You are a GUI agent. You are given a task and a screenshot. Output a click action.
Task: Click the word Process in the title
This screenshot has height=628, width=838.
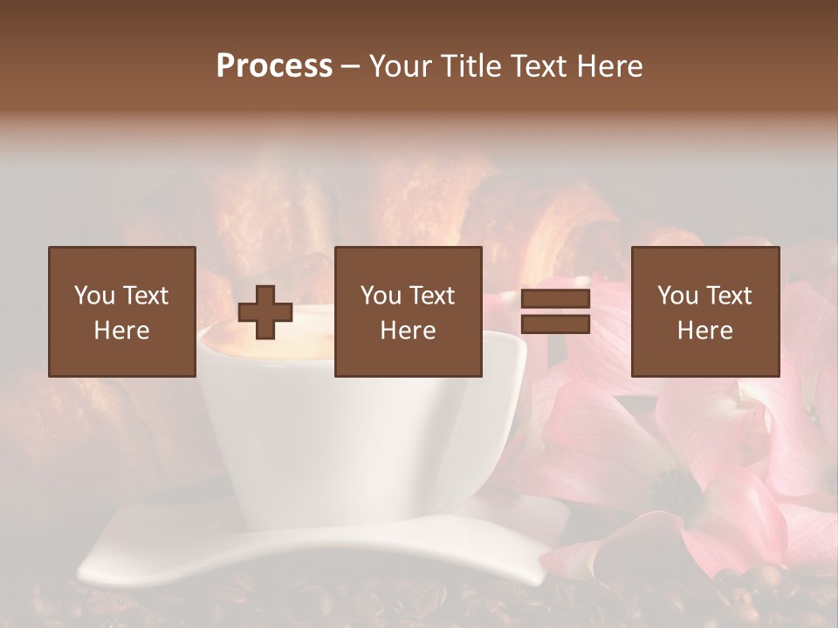point(274,66)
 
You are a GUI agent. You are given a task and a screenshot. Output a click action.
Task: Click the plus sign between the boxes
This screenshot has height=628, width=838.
point(265,312)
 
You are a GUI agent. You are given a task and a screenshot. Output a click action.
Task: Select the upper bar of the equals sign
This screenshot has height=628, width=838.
point(555,299)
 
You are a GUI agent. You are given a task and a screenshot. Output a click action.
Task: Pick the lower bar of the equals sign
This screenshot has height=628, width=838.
point(555,324)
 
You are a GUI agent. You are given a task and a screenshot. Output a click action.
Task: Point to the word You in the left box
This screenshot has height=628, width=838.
point(94,296)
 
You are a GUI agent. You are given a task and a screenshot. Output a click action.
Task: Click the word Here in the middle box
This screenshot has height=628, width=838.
point(408,331)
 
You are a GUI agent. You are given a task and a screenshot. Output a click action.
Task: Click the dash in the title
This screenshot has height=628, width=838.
point(350,66)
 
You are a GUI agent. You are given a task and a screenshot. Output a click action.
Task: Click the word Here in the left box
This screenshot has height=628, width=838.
point(121,331)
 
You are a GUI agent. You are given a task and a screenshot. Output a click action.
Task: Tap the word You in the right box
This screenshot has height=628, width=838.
point(677,296)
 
